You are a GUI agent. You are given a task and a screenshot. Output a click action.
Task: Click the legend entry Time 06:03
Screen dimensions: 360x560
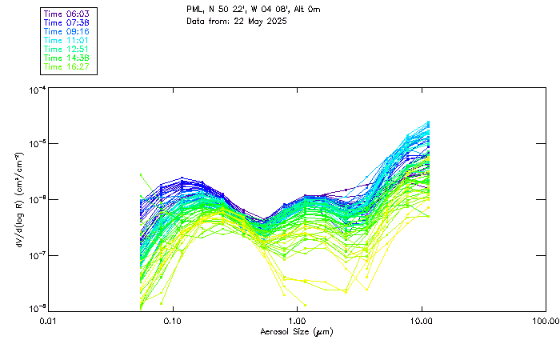67,14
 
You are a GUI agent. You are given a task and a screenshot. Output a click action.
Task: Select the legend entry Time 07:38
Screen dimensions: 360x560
67,22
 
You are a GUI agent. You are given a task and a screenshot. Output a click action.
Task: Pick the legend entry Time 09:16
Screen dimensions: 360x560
67,31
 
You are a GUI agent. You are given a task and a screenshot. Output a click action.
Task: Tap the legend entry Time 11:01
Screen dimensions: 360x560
67,40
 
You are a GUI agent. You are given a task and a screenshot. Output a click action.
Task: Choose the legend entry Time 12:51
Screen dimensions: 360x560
67,49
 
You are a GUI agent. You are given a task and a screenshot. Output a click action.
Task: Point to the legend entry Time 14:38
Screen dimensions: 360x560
67,58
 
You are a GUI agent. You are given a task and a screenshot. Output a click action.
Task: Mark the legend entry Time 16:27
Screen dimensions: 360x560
67,66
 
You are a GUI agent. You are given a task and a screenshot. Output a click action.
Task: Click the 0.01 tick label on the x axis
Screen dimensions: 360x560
49,321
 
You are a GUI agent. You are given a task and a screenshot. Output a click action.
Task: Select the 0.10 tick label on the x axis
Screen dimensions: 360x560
173,321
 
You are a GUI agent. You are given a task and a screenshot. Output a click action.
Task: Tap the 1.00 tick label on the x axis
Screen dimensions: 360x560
297,321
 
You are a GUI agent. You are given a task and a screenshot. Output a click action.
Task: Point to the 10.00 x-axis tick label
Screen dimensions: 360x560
421,321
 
